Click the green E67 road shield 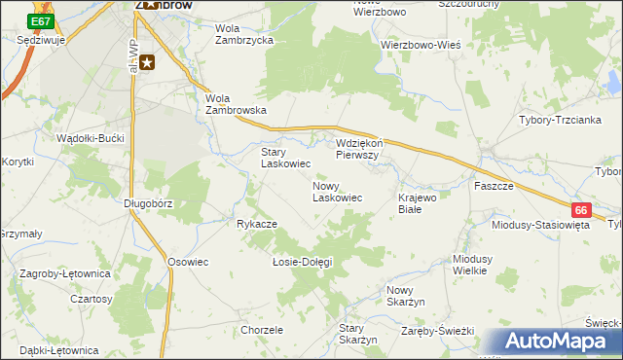[41, 21]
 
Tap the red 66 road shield [581, 209]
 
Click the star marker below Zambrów [147, 63]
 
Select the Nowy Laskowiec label [338, 191]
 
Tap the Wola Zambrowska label [236, 104]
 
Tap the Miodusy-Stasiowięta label [541, 224]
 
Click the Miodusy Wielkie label [477, 265]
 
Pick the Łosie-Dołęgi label [302, 262]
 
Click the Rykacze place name [257, 224]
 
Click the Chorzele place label [261, 330]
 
